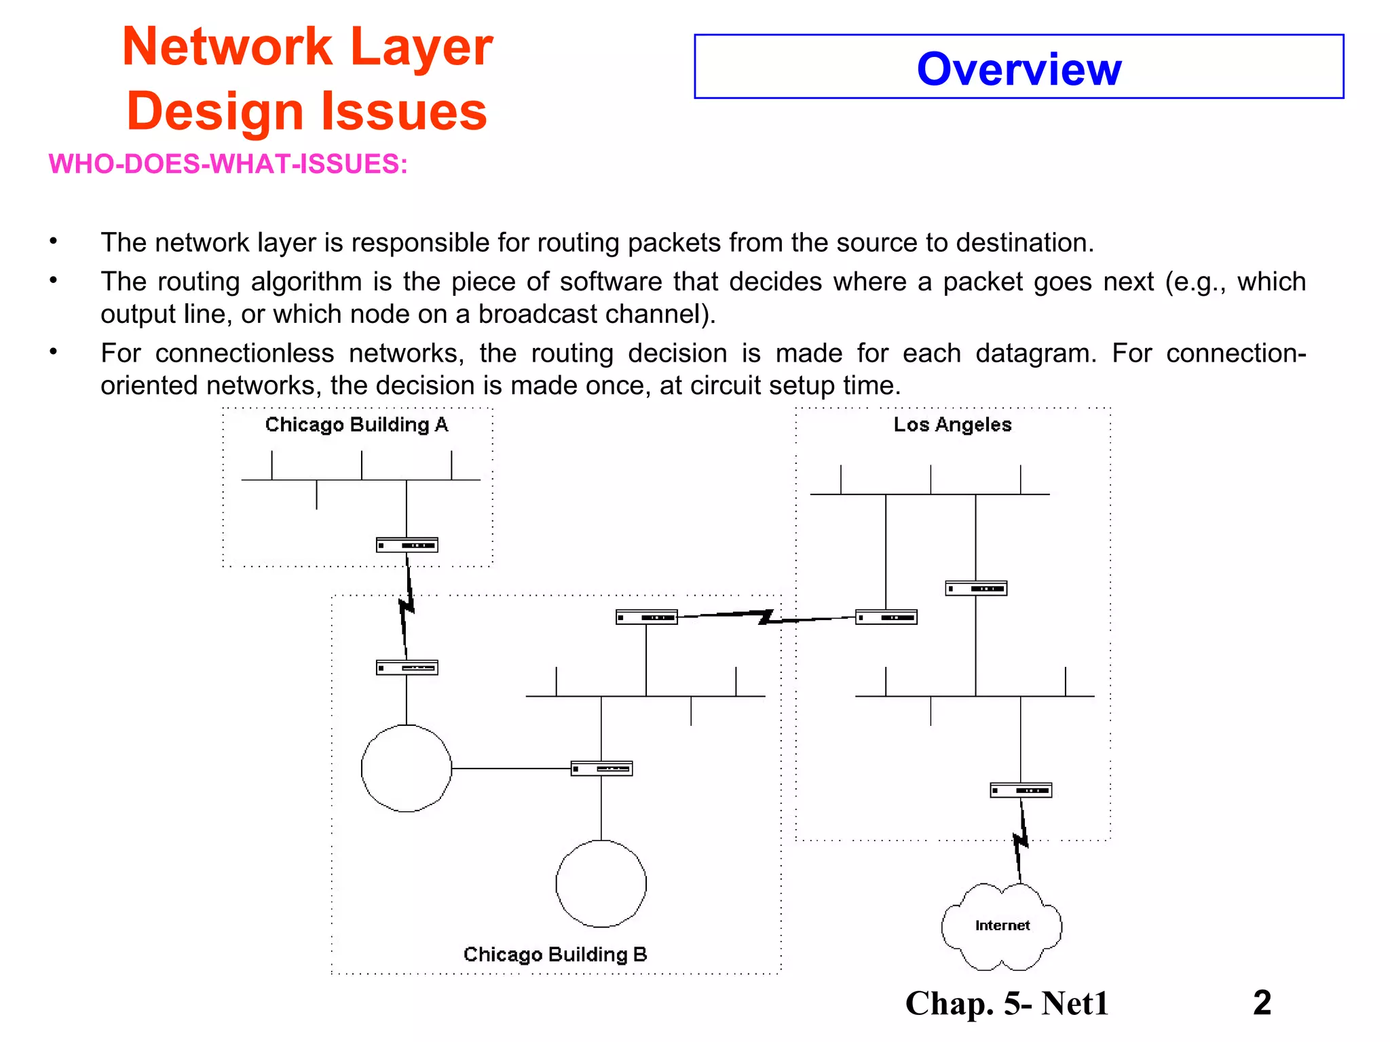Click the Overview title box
point(1018,67)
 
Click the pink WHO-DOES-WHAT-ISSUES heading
point(228,164)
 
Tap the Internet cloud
point(1002,926)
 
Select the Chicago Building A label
point(356,425)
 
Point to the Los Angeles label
point(952,425)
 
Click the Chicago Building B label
point(555,954)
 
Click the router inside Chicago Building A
point(407,545)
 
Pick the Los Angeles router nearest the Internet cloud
point(1021,790)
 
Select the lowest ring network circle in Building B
point(601,883)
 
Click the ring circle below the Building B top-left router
point(406,768)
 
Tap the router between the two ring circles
point(602,769)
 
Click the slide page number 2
point(1262,1003)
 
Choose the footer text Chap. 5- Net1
point(1007,1003)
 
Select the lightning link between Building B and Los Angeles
point(766,617)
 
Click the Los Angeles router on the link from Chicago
point(886,617)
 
